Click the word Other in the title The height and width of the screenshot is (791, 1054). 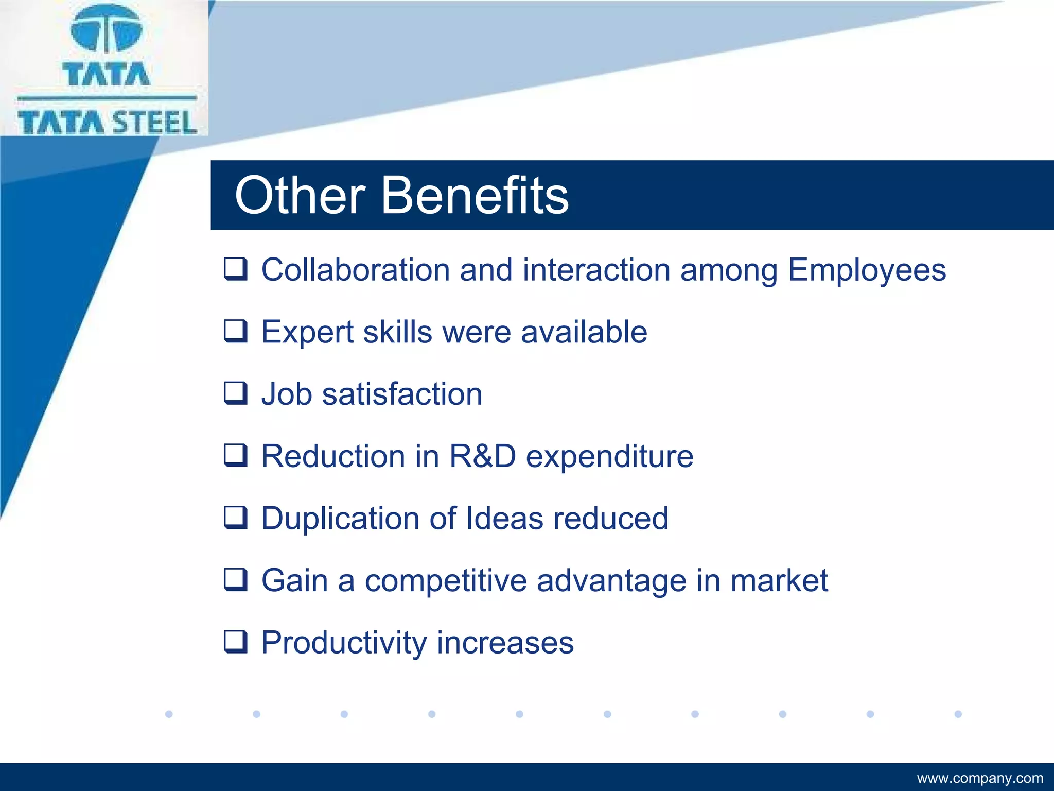point(300,196)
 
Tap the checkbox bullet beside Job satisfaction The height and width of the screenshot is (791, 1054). point(236,393)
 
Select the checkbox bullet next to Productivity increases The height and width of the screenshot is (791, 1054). point(236,642)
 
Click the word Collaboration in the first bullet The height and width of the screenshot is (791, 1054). point(356,270)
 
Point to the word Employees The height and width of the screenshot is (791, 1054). point(867,271)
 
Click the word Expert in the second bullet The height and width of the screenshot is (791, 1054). point(307,333)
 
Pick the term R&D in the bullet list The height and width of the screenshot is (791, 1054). point(482,456)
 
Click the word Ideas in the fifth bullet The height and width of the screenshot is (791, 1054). point(504,518)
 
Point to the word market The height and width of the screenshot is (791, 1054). point(779,580)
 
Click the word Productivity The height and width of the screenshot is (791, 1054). point(344,643)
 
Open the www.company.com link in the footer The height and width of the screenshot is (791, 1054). point(980,778)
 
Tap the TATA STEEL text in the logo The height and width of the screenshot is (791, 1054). point(107,123)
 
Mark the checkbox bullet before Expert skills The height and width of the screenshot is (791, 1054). point(236,331)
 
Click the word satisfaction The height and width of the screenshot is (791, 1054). point(402,394)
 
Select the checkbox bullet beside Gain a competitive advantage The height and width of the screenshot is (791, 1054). point(236,579)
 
